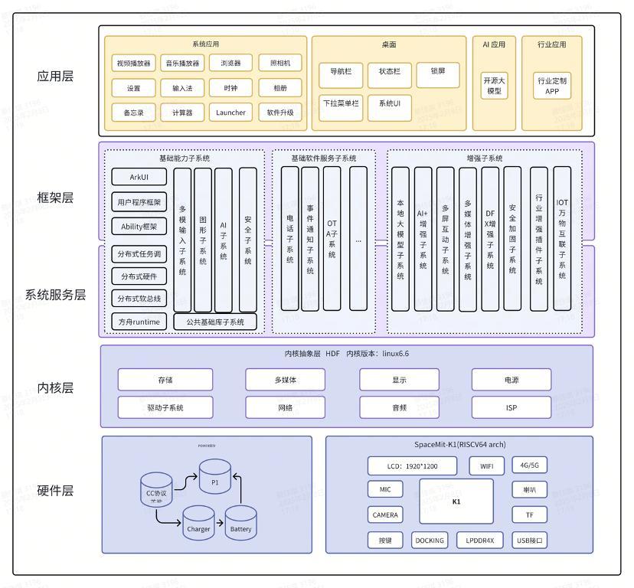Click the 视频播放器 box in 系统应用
coord(133,63)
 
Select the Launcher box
coord(230,113)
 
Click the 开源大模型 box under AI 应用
coord(494,85)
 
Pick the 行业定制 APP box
coord(552,85)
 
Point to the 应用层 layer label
coord(55,77)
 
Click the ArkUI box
coord(139,177)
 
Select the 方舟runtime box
coord(139,322)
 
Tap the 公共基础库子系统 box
coord(215,322)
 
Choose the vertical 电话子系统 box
coord(290,238)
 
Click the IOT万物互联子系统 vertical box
coord(562,238)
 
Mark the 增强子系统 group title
coord(485,158)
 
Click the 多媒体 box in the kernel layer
coord(285,380)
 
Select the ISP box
coord(511,407)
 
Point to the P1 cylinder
coord(214,477)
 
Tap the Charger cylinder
coord(198,524)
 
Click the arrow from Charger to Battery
coord(219,525)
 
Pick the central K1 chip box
coord(456,501)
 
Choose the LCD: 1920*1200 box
coord(412,465)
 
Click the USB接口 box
coord(530,540)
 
